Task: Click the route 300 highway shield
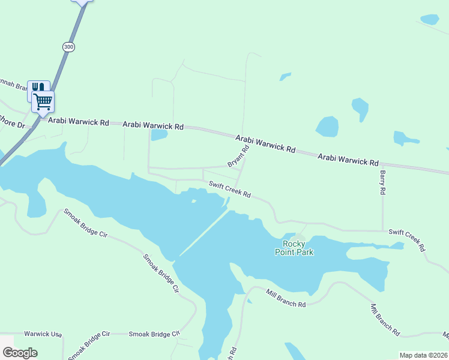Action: point(68,47)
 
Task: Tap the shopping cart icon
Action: point(43,101)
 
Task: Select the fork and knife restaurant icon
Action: point(37,89)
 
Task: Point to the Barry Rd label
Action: point(382,182)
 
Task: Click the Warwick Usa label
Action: point(43,334)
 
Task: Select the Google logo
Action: point(20,353)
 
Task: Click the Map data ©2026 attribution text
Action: point(424,355)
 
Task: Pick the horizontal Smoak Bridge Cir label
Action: point(154,334)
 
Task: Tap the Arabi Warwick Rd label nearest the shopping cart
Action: point(78,122)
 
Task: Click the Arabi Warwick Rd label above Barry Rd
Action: point(348,160)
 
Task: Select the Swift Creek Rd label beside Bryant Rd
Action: point(229,190)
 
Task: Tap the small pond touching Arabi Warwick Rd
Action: point(159,135)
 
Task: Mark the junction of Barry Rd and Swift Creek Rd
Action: point(382,230)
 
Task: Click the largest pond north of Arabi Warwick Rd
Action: point(327,127)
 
